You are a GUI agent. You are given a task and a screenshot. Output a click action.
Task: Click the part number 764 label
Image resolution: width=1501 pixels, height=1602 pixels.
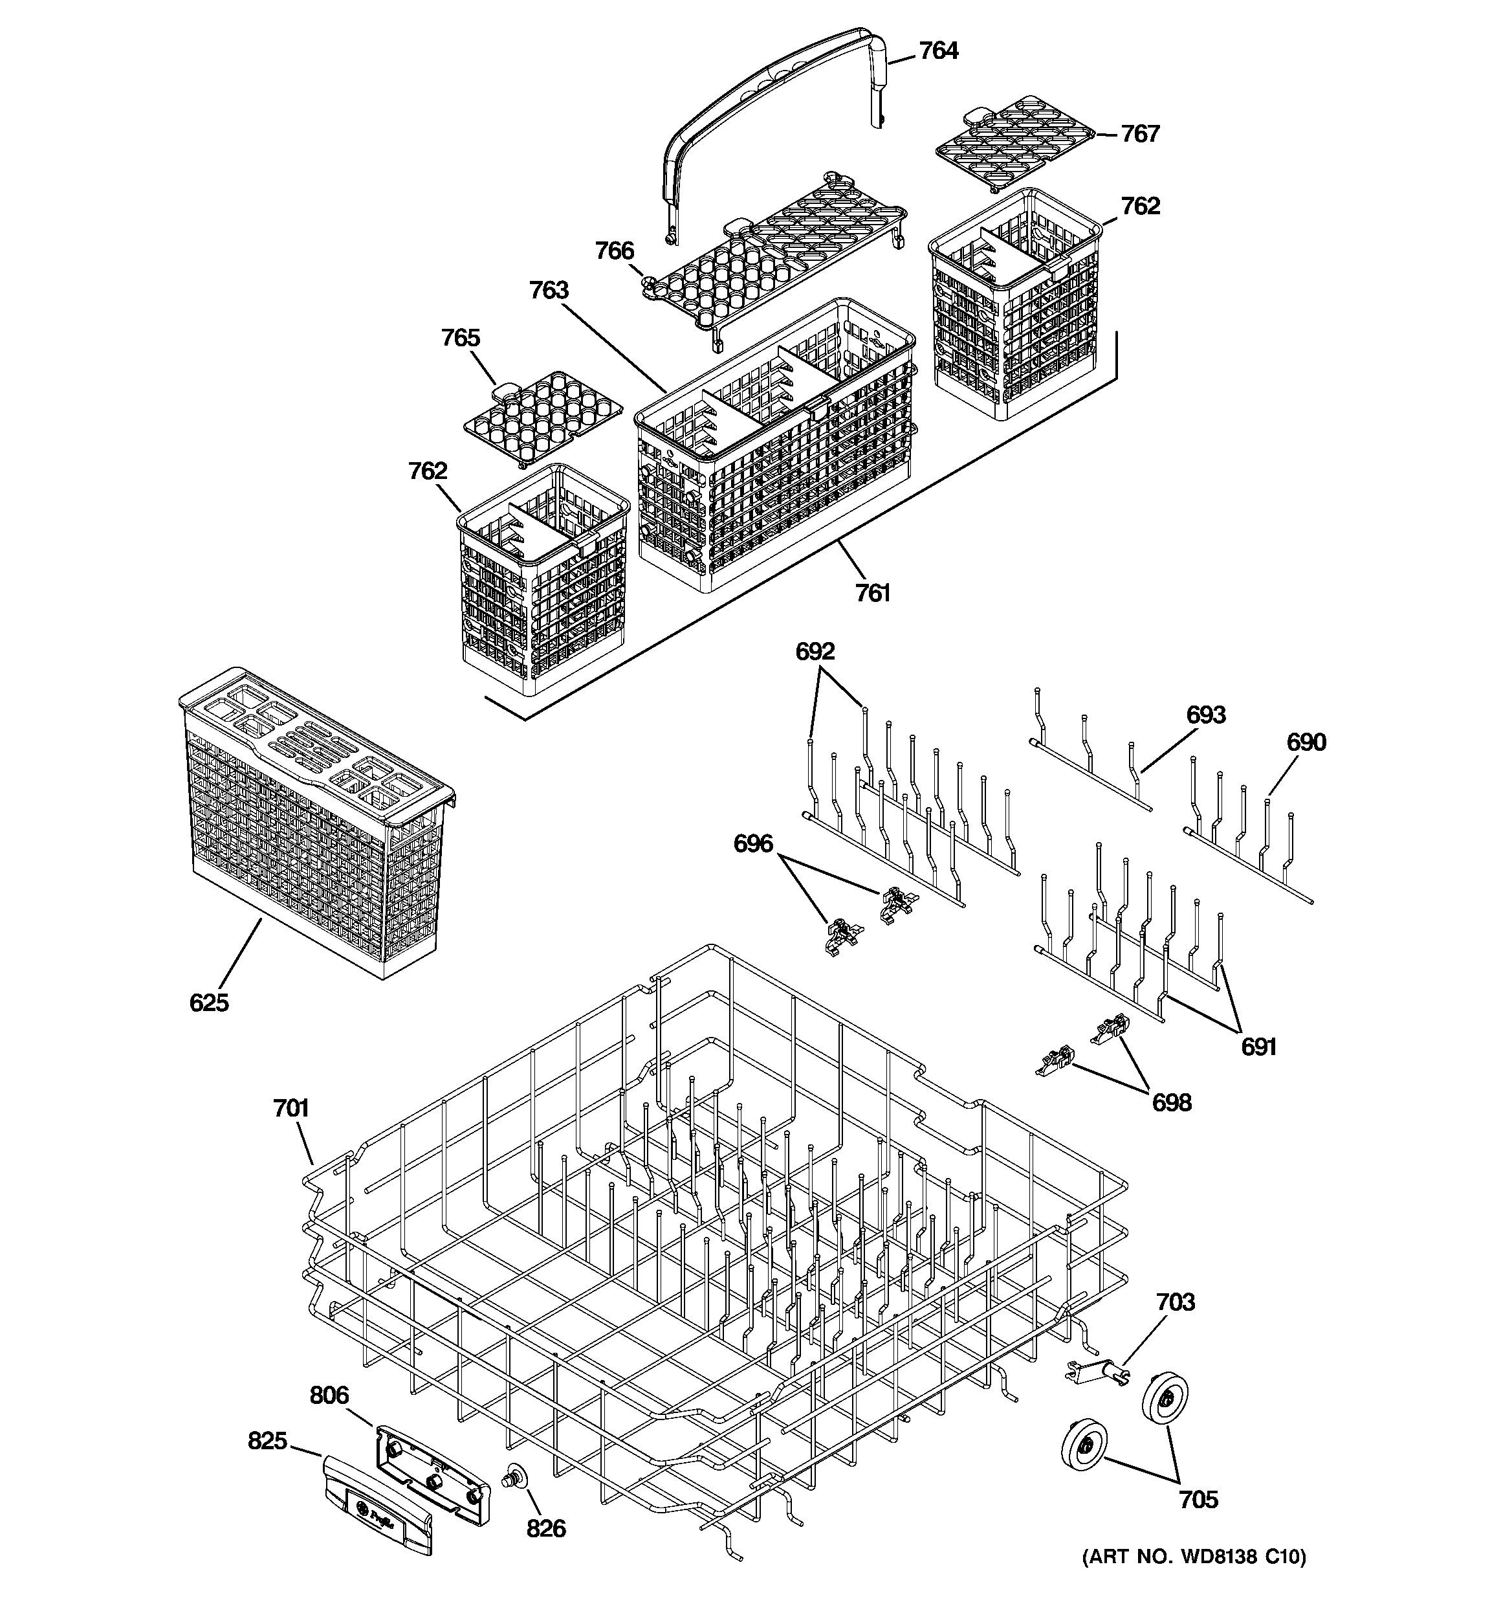click(939, 50)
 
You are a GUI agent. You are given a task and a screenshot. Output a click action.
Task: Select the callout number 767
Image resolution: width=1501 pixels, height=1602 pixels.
click(1140, 134)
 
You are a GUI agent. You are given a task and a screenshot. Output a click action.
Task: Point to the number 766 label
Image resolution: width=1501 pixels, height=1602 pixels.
click(615, 251)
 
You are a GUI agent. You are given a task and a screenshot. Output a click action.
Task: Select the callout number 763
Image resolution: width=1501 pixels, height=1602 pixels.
click(549, 290)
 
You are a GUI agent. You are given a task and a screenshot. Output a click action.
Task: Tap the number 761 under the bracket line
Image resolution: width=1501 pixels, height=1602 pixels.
click(873, 593)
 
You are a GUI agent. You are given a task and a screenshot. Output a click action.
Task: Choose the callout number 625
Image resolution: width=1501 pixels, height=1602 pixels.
click(210, 1003)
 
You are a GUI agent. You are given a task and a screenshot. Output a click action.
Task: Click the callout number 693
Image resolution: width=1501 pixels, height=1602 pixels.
click(1206, 715)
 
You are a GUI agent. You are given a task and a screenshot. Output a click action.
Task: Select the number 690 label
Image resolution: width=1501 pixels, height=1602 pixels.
click(1306, 742)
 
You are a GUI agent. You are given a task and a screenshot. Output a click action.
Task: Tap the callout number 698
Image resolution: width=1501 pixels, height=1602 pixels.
click(1172, 1102)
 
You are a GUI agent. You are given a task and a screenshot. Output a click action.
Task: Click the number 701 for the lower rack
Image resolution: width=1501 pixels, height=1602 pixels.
click(291, 1109)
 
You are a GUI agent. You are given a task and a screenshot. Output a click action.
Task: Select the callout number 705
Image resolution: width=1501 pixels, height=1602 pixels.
click(1198, 1500)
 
